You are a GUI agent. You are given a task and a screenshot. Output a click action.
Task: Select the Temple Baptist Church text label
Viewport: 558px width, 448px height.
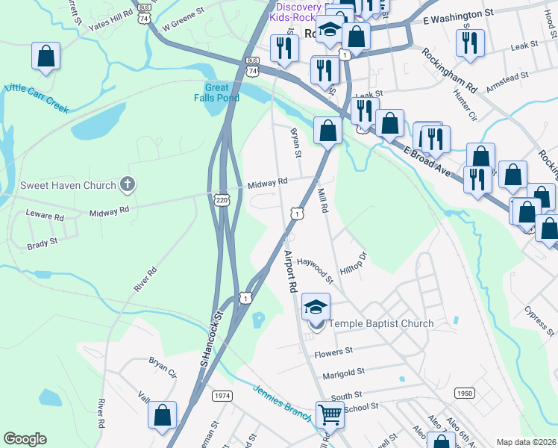381,323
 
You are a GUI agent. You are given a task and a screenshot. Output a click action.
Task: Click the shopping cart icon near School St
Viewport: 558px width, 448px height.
330,414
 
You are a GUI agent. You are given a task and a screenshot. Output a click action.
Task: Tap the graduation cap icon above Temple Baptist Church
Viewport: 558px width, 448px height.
316,306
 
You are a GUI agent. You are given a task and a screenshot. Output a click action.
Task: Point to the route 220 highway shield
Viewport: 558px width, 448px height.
222,199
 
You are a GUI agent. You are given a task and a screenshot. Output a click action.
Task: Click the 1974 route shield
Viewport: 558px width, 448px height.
222,395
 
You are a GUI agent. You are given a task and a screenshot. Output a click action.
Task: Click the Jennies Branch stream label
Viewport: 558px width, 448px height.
281,402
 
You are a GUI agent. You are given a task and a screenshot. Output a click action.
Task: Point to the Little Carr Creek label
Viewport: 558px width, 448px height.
36,98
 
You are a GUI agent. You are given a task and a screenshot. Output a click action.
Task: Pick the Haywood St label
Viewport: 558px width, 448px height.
316,269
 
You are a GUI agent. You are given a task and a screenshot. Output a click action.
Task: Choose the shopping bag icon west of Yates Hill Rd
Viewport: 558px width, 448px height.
46,56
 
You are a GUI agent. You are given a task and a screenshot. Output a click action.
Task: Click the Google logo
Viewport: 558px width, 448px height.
25,439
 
